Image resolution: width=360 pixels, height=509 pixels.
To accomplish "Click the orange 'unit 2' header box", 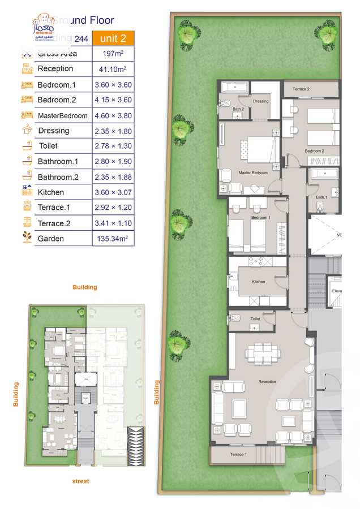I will pos(113,38).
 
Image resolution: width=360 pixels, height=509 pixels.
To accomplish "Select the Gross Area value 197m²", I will pos(113,54).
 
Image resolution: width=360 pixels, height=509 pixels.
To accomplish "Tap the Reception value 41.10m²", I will pos(113,69).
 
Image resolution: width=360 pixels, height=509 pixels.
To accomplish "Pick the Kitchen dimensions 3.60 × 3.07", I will pos(113,192).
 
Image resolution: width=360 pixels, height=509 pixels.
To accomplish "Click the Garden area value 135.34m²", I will pos(113,239).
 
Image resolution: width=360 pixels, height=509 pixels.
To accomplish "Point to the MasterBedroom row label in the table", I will pos(62,116).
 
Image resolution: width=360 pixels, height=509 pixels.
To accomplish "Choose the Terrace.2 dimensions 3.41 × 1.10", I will pos(113,223).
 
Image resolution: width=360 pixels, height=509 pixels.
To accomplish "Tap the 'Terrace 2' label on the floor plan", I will pos(301,89).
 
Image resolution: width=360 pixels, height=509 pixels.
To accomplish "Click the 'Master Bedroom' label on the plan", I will pos(252,172).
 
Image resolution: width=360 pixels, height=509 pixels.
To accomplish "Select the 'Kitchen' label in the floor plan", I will pos(258,282).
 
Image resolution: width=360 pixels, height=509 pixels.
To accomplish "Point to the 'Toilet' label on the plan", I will pos(255,319).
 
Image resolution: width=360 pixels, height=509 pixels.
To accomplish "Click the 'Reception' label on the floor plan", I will pos(267,382).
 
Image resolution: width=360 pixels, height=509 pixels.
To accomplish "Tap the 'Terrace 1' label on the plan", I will pos(238,455).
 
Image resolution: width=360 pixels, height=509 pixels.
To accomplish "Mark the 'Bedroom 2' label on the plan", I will pos(314,151).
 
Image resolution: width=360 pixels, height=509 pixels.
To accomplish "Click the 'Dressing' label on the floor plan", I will pos(261,101).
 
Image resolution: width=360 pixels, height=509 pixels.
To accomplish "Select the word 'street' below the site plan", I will pos(80,481).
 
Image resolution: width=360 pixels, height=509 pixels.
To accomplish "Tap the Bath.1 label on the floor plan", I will pos(322,197).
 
